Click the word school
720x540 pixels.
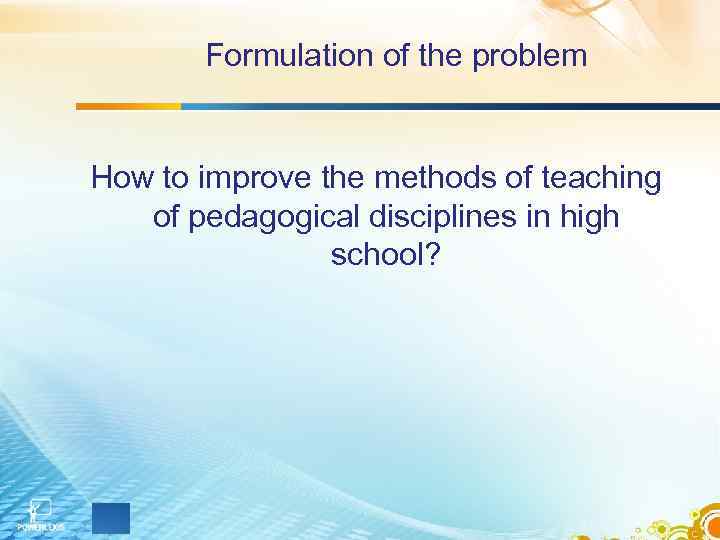point(376,255)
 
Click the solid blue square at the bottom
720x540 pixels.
point(111,518)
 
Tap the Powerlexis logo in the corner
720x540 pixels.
point(39,512)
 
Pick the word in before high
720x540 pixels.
point(537,217)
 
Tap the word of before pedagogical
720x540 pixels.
point(167,217)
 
